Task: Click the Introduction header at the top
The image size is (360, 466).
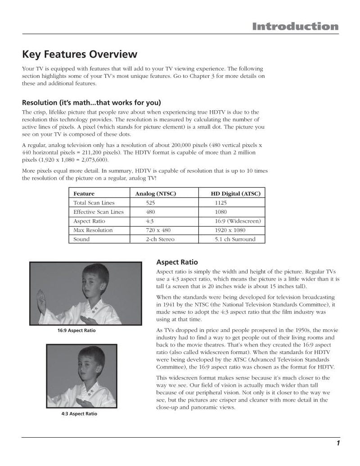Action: [x=295, y=27]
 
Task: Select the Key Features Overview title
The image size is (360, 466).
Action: [x=80, y=54]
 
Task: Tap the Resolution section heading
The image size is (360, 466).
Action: [x=91, y=102]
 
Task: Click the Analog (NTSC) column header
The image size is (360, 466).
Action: [x=156, y=193]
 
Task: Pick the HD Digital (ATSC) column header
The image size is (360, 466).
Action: [x=235, y=193]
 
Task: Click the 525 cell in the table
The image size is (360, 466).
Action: [x=150, y=203]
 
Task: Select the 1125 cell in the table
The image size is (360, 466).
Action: [x=220, y=203]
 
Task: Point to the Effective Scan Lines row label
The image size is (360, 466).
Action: [x=98, y=212]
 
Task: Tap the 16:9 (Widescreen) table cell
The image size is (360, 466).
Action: [x=238, y=221]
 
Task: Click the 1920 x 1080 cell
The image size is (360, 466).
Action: [x=230, y=230]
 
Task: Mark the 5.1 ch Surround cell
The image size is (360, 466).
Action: [x=235, y=239]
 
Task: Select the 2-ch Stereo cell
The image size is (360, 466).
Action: [x=160, y=239]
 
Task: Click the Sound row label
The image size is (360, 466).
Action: [x=81, y=239]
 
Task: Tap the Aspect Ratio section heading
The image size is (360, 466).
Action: [x=177, y=262]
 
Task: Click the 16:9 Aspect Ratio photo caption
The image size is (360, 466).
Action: [x=76, y=331]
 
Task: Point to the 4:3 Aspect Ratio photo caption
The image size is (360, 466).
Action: [x=79, y=414]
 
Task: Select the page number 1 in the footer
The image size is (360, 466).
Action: [x=337, y=444]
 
